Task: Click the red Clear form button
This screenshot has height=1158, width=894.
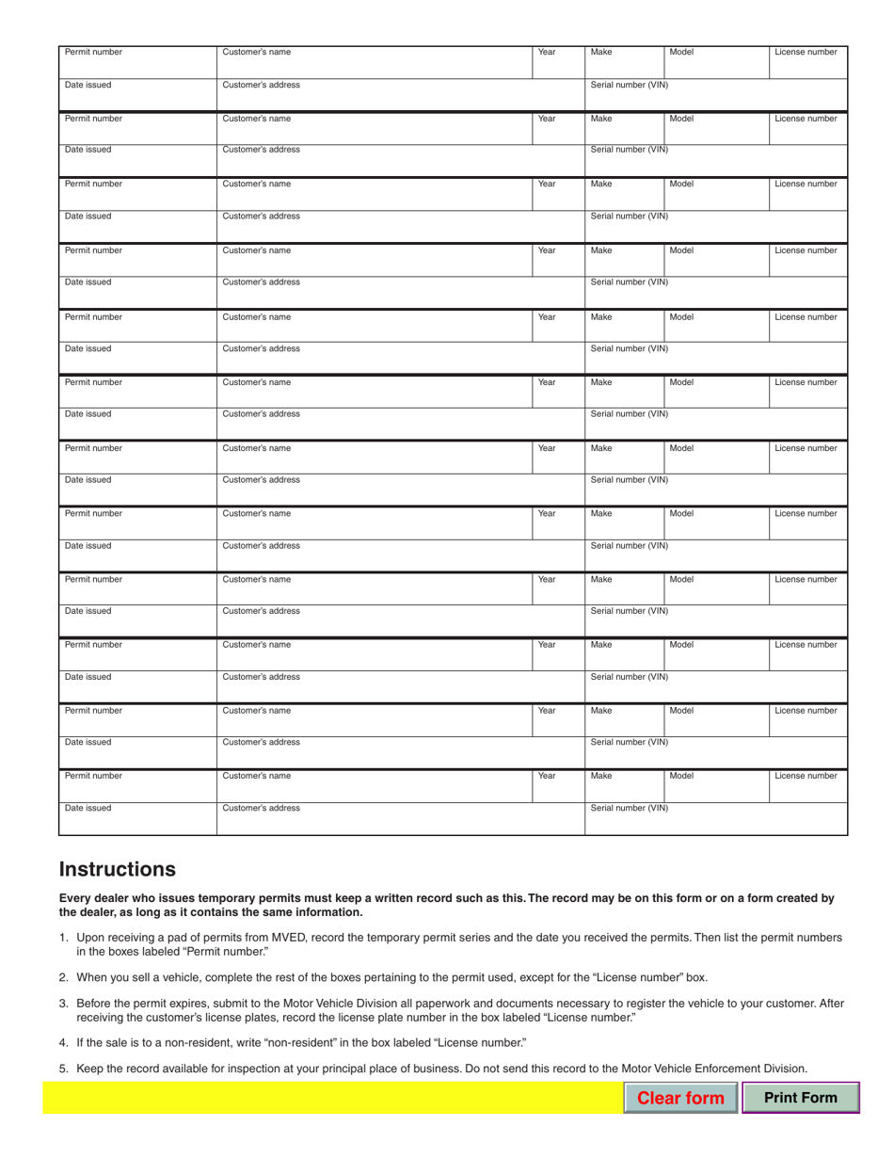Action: point(680,1098)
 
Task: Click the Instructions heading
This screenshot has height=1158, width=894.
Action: point(117,867)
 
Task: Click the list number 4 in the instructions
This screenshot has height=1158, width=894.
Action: point(63,1042)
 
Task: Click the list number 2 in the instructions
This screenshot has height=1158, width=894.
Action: point(63,977)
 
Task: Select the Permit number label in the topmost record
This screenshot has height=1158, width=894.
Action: point(93,52)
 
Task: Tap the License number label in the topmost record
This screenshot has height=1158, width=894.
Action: point(806,52)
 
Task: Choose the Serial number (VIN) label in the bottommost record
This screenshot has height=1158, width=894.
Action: point(629,809)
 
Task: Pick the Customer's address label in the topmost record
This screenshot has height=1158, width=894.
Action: point(261,85)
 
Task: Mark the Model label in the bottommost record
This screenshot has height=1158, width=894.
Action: point(681,776)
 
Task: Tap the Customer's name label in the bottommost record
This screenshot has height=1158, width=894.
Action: point(256,776)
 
